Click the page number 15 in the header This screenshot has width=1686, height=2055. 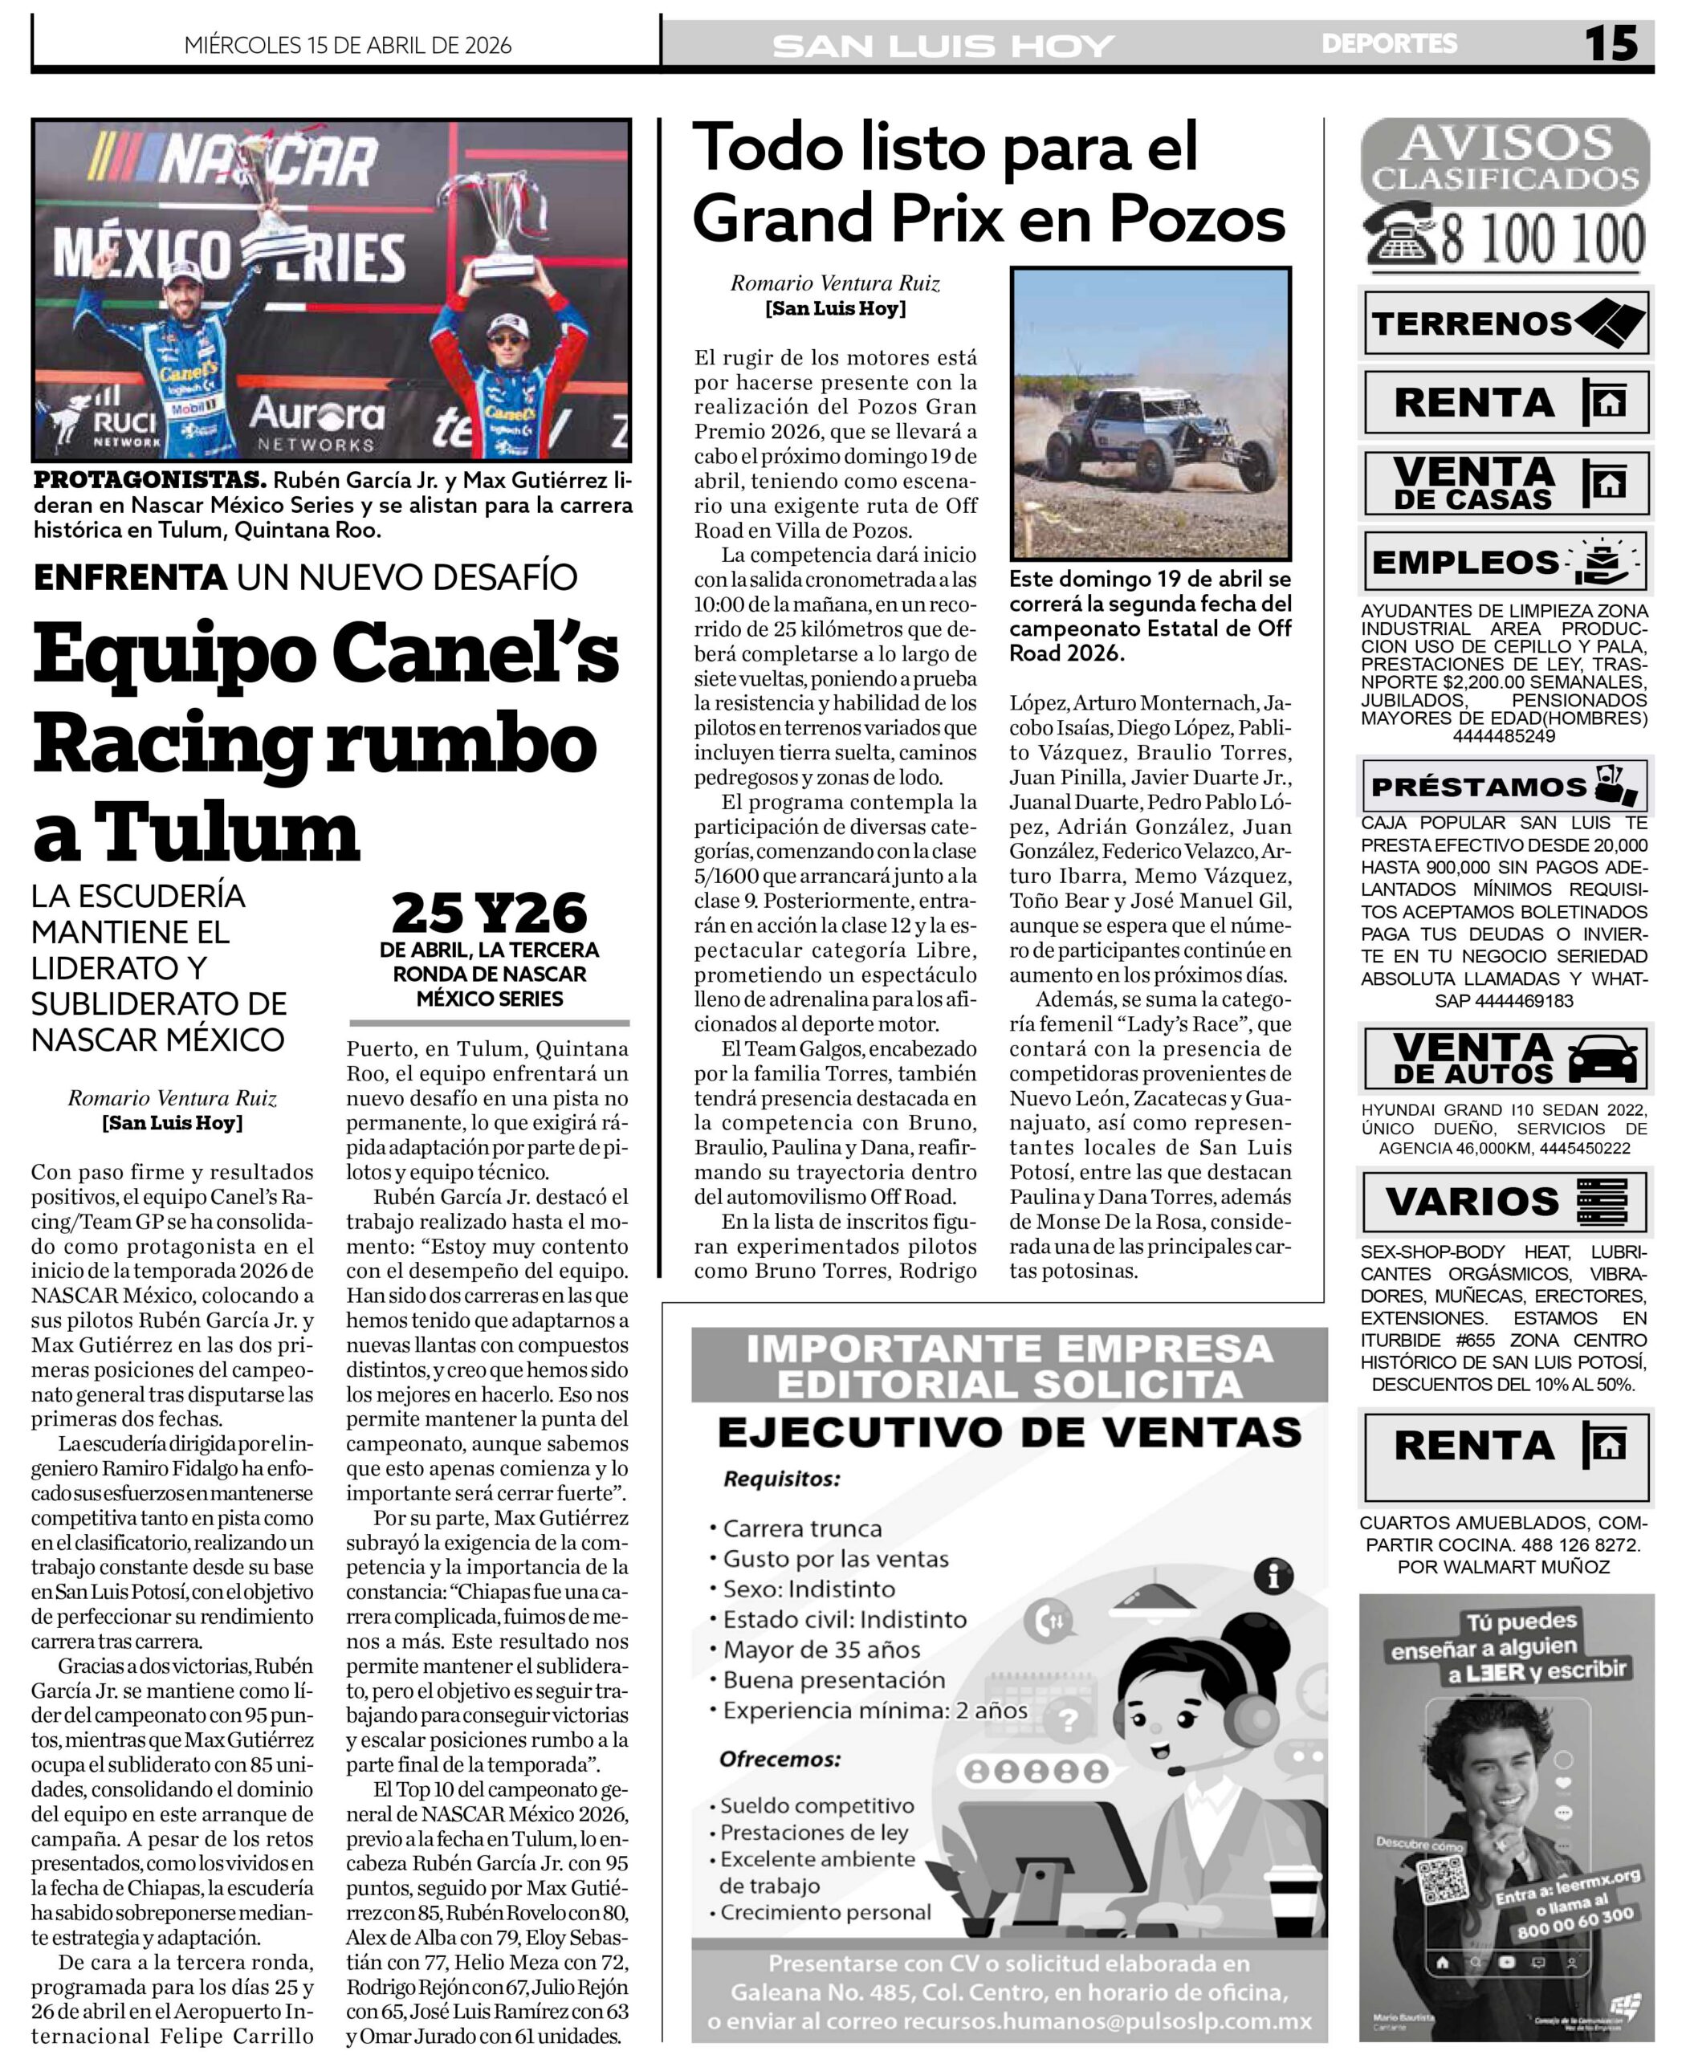click(x=1611, y=43)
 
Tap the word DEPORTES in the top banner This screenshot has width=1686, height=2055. click(x=1389, y=43)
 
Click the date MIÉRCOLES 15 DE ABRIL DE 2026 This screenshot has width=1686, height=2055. click(x=348, y=45)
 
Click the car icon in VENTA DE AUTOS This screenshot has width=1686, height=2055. click(x=1602, y=1060)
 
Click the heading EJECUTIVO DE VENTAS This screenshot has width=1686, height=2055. click(x=1009, y=1432)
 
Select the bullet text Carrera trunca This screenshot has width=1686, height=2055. click(x=802, y=1528)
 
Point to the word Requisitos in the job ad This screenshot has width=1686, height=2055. click(x=782, y=1479)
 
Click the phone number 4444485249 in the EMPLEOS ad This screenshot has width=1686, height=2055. click(x=1504, y=736)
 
